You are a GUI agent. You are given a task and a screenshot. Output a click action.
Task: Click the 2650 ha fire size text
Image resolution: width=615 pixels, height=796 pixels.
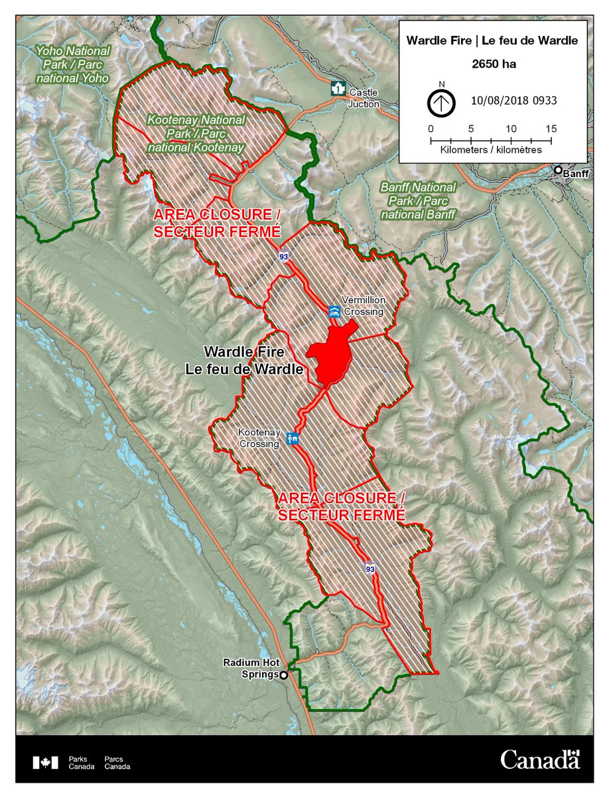(x=492, y=65)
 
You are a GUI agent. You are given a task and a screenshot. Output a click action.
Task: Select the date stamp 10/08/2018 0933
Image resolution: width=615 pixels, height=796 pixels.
(x=513, y=101)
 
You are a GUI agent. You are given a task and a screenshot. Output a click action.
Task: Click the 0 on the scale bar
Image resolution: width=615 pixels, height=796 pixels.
(x=431, y=128)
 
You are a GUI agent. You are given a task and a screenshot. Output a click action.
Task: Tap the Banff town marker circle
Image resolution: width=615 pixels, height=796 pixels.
(x=559, y=170)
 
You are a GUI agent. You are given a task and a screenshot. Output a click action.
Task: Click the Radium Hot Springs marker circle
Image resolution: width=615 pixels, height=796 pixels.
(x=284, y=675)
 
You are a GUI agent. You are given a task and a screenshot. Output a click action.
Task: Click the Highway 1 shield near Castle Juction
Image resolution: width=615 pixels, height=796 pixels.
(x=338, y=88)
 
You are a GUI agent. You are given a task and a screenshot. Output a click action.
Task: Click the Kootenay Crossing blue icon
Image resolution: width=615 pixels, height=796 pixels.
(x=292, y=438)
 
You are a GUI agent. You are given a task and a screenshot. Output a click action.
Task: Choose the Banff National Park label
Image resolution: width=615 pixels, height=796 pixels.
(x=418, y=201)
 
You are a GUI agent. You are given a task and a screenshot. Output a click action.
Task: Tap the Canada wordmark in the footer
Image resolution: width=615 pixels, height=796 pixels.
(x=540, y=759)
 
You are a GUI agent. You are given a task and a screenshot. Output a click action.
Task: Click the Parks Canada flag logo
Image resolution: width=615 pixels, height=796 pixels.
(x=45, y=762)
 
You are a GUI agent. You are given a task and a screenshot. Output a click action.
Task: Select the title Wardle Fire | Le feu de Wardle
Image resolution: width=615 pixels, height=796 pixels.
(x=492, y=40)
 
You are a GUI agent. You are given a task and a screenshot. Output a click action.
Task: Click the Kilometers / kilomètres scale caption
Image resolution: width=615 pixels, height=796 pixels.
(x=491, y=151)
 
